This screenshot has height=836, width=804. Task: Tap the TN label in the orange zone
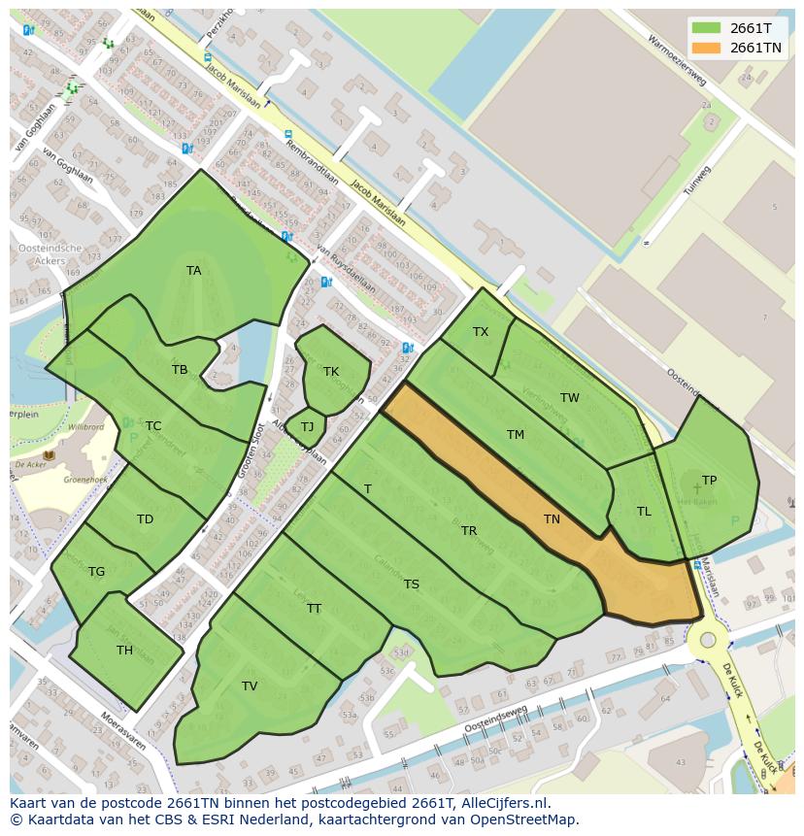552,519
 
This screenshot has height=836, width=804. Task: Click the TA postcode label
194,271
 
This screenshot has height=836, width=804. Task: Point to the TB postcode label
180,370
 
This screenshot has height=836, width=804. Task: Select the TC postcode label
153,426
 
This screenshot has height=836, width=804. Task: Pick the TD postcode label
145,519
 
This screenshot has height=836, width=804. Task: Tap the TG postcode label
96,572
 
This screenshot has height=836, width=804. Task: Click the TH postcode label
124,651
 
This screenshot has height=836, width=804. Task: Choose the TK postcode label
331,372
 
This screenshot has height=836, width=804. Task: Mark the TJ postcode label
307,427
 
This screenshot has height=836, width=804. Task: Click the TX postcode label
481,332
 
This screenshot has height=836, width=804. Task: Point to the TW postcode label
569,398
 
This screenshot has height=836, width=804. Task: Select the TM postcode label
515,435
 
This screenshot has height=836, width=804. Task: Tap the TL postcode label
644,512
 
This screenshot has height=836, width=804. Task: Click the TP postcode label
709,481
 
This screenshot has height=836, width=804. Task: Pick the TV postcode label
250,686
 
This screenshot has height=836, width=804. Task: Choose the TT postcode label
314,609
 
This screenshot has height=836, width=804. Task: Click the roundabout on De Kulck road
708,640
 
